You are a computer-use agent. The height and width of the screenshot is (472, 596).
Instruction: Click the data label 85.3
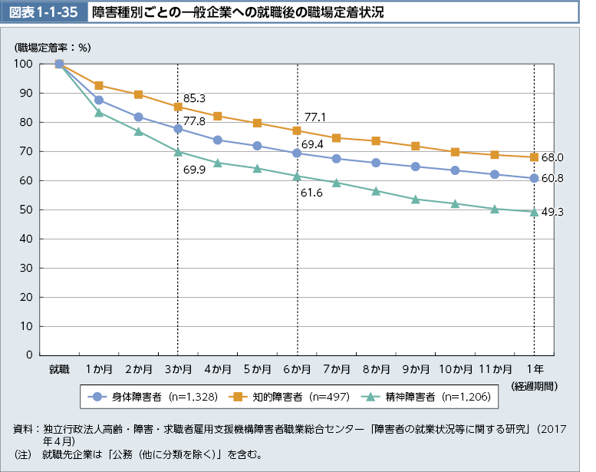194,98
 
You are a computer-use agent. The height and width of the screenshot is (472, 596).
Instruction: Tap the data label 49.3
552,212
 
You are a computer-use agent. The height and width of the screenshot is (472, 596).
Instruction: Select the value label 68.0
552,157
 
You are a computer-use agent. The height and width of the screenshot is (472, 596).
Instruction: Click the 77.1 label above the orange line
315,117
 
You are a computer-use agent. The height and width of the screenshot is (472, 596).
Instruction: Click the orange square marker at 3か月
178,107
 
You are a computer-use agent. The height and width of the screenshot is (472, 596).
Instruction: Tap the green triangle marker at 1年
535,211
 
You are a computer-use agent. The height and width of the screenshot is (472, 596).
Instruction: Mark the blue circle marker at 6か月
297,153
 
